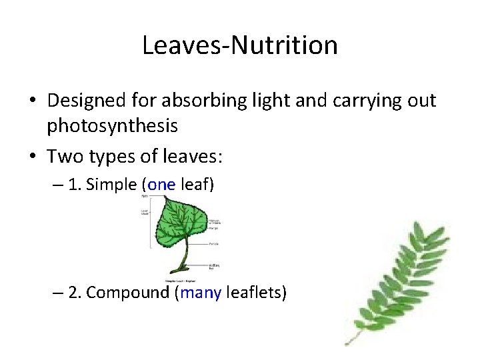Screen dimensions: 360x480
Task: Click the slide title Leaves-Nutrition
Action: (240, 45)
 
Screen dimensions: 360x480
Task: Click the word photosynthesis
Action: (112, 125)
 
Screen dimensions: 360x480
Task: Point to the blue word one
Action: (161, 184)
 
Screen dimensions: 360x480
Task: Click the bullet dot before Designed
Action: (33, 101)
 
